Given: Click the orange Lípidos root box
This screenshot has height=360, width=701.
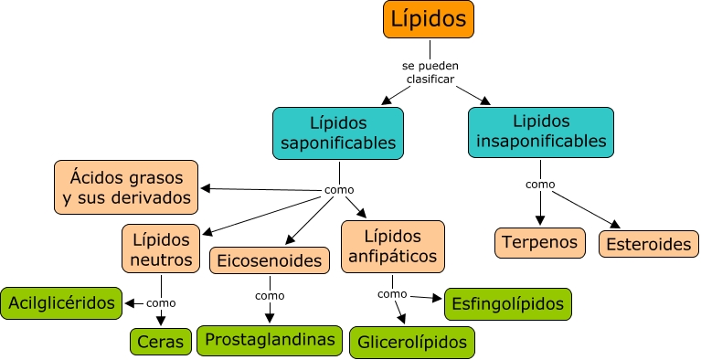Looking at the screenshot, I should pyautogui.click(x=428, y=19).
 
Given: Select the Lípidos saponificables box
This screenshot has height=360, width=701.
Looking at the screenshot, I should pyautogui.click(x=338, y=132).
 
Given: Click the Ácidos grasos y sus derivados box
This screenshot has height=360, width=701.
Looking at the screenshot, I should pyautogui.click(x=125, y=186).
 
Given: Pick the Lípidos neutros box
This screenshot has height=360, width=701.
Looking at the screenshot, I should pyautogui.click(x=161, y=249).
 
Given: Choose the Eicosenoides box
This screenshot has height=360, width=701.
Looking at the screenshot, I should pyautogui.click(x=269, y=261).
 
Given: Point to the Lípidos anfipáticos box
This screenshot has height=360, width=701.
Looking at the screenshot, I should pyautogui.click(x=392, y=246).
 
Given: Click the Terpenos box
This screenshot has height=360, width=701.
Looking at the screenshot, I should pyautogui.click(x=540, y=242).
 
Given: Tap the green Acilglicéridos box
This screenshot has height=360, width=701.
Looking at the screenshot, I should pyautogui.click(x=60, y=302).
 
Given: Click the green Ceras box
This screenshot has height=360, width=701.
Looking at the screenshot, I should pyautogui.click(x=161, y=342).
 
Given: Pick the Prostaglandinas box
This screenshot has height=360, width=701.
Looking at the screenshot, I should pyautogui.click(x=270, y=340).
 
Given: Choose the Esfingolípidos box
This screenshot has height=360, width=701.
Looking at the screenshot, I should pyautogui.click(x=508, y=303).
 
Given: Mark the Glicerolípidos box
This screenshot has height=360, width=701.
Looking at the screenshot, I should pyautogui.click(x=412, y=342).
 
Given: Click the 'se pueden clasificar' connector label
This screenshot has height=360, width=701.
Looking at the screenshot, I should pyautogui.click(x=429, y=72).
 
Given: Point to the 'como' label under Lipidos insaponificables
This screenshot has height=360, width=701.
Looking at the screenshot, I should pyautogui.click(x=540, y=184).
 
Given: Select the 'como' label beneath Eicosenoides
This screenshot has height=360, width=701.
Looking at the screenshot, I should pyautogui.click(x=270, y=295).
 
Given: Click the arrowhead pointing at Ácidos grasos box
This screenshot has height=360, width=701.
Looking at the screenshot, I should pyautogui.click(x=206, y=188).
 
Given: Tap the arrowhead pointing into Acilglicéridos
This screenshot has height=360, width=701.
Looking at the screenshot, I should pyautogui.click(x=128, y=302).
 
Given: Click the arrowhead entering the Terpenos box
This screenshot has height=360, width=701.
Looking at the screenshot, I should pyautogui.click(x=540, y=220).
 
